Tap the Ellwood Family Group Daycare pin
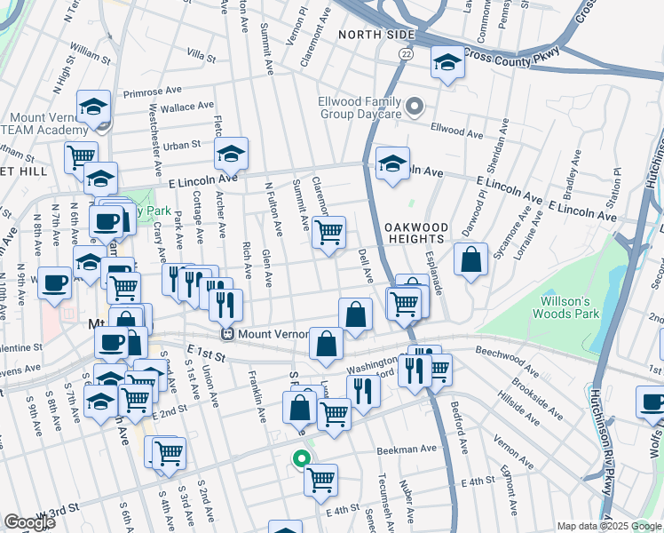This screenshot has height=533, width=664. pos(414,108)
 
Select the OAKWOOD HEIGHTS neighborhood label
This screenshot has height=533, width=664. pos(415,233)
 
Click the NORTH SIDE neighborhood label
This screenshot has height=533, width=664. pos(376,35)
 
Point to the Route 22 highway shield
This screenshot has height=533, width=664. pos(406,54)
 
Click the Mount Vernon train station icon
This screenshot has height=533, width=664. pos(228,335)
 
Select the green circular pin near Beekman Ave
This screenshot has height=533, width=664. pos(302,459)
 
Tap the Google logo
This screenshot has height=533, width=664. pos(29,522)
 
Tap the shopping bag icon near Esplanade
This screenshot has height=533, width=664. pos(471,259)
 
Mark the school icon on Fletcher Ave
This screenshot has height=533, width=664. pos(231,155)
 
